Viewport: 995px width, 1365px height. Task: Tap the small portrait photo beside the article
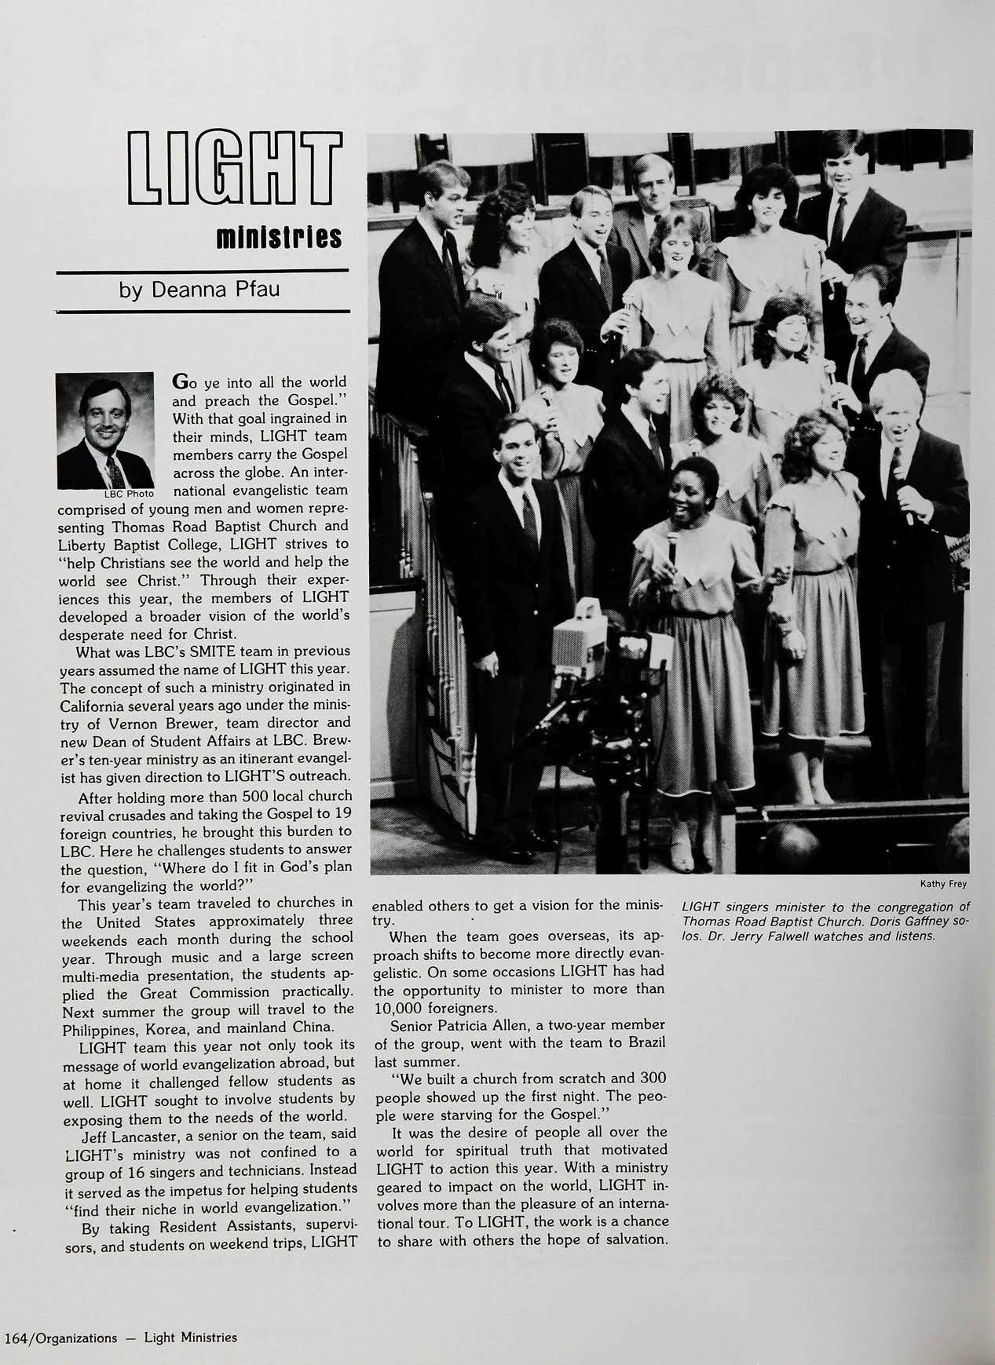click(x=105, y=430)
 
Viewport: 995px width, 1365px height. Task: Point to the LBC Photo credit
click(x=130, y=495)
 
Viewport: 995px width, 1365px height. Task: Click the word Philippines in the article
click(x=101, y=1027)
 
